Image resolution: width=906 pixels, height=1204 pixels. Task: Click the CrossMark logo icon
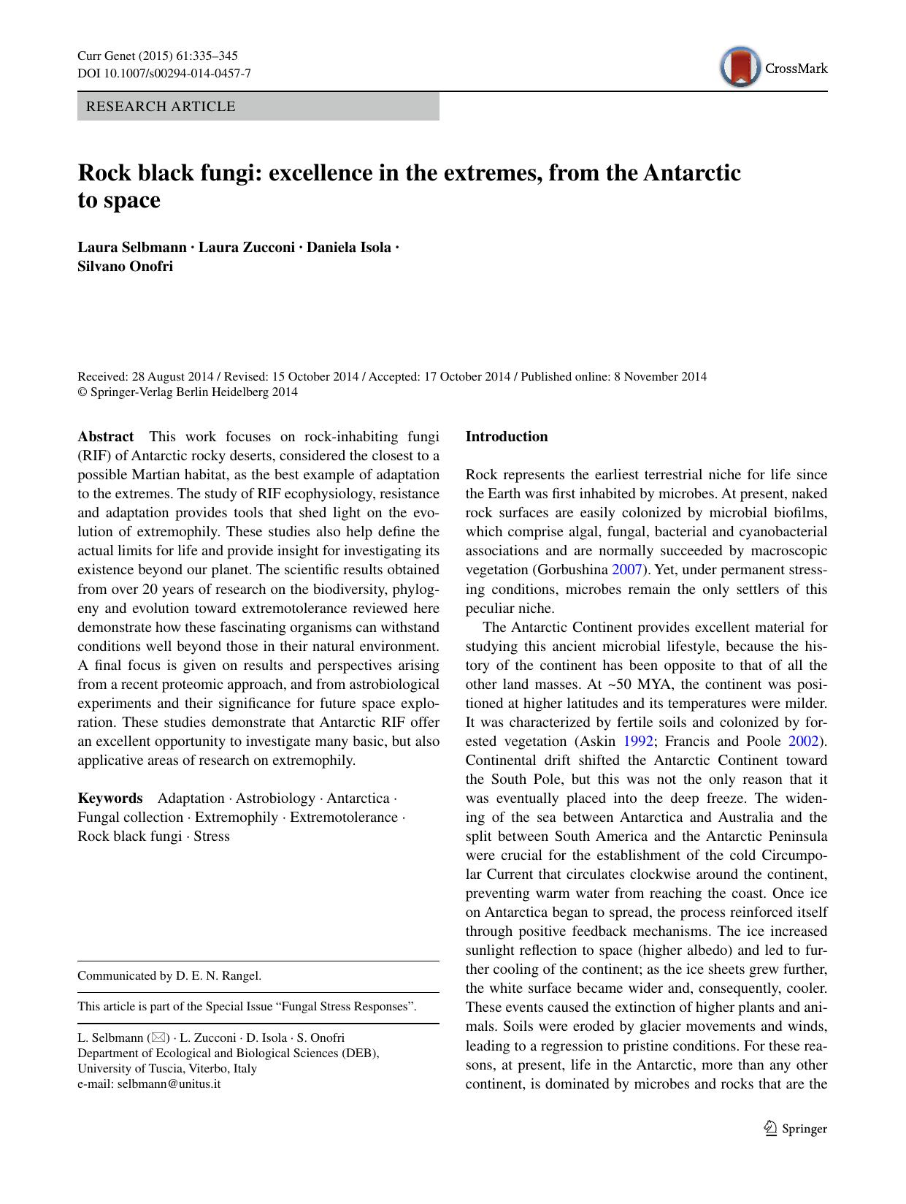pos(738,67)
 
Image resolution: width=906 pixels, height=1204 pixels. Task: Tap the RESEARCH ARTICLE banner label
pos(161,107)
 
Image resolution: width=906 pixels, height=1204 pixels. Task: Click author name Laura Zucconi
pos(247,247)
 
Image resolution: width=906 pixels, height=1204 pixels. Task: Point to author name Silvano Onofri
pos(125,266)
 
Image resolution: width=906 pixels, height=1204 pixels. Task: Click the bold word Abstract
pos(106,437)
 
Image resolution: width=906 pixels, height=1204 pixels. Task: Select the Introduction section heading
pos(506,437)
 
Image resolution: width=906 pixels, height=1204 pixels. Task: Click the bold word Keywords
pos(110,799)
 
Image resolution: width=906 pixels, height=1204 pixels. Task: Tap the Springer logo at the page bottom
pos(795,1129)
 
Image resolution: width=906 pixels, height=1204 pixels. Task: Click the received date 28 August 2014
pos(172,377)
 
